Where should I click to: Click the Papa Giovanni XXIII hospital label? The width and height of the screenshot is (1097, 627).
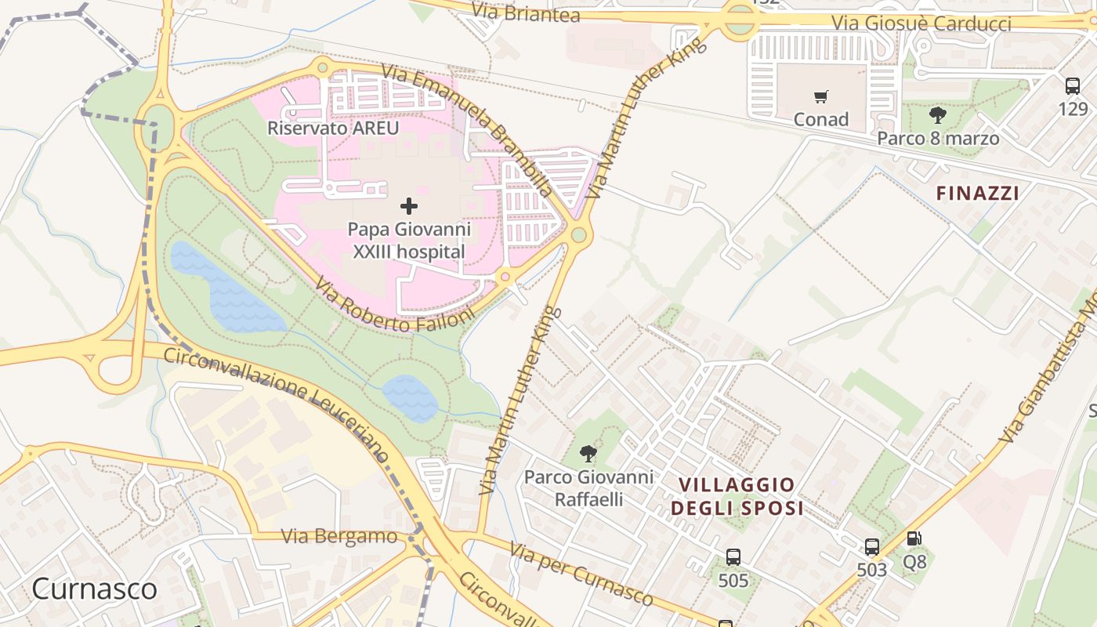(x=409, y=241)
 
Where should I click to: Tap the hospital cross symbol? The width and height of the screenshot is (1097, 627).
(x=409, y=206)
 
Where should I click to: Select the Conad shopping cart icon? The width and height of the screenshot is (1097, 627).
(x=820, y=97)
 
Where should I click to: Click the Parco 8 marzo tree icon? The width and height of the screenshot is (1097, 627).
(x=937, y=116)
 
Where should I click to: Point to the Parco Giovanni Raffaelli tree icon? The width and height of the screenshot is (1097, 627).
(x=588, y=454)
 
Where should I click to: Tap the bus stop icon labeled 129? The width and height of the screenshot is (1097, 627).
(x=1073, y=86)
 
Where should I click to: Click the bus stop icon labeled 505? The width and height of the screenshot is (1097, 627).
(x=733, y=557)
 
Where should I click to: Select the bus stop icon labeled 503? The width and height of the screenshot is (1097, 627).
(x=872, y=547)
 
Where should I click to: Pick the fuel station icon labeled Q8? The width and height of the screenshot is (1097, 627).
(x=914, y=539)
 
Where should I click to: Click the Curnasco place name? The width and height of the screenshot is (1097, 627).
(x=94, y=589)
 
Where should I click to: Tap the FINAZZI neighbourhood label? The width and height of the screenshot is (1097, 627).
(x=978, y=193)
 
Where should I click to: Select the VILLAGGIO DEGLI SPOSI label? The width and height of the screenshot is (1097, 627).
(x=737, y=497)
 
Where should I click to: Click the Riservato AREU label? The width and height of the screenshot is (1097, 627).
(x=333, y=128)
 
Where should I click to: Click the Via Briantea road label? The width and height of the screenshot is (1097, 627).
(x=527, y=13)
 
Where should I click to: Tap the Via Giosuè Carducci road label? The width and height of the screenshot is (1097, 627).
(x=921, y=24)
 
